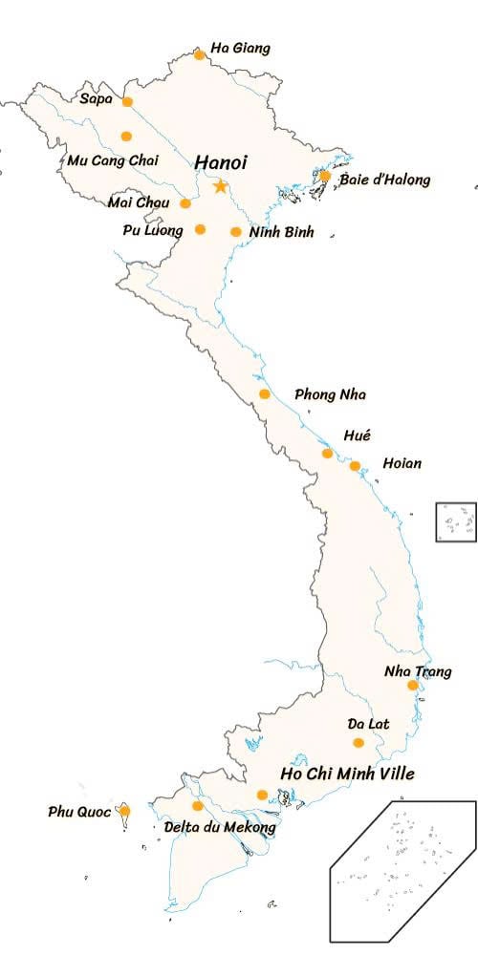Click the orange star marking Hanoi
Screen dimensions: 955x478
click(221, 186)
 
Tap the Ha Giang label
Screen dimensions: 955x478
click(240, 48)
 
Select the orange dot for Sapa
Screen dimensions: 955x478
click(127, 101)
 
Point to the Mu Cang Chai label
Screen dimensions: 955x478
click(113, 159)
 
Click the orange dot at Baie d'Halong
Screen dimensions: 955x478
click(325, 176)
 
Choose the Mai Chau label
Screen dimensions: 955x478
click(139, 202)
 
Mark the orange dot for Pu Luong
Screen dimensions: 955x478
click(200, 229)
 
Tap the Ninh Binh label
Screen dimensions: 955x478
click(281, 231)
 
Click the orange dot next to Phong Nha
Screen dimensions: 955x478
click(265, 394)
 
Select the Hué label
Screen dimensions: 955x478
click(357, 435)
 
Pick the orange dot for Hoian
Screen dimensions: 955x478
click(355, 466)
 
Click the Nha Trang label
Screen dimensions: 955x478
click(418, 671)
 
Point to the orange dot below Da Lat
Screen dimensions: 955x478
click(358, 743)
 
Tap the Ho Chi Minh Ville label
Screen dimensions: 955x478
click(348, 774)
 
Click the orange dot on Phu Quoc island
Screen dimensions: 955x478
click(124, 811)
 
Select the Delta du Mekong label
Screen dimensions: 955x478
click(220, 827)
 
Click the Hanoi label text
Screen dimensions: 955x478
click(221, 162)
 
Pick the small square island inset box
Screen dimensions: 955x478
click(456, 522)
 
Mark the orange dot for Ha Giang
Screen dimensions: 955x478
click(199, 54)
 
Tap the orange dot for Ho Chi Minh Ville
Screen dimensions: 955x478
click(263, 795)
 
